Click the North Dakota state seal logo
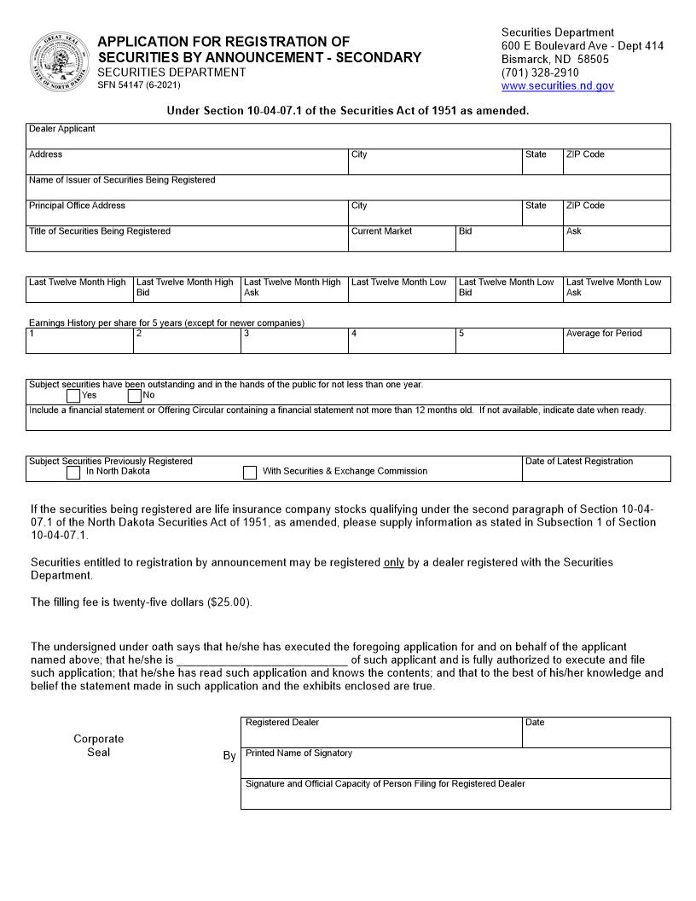pos(59,61)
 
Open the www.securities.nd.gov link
pos(557,86)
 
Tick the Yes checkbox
pos(73,396)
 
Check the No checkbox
pos(135,396)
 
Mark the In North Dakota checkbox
pos(73,472)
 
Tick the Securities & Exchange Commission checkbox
pos(250,472)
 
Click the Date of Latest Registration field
pos(596,473)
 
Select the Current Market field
pos(401,241)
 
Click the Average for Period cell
pos(617,344)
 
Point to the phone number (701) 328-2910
pos(540,73)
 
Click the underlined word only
pos(393,562)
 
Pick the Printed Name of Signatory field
pos(455,764)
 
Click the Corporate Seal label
pos(98,746)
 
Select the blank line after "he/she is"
pos(262,660)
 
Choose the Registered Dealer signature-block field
pos(381,734)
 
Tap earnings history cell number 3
pos(293,344)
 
